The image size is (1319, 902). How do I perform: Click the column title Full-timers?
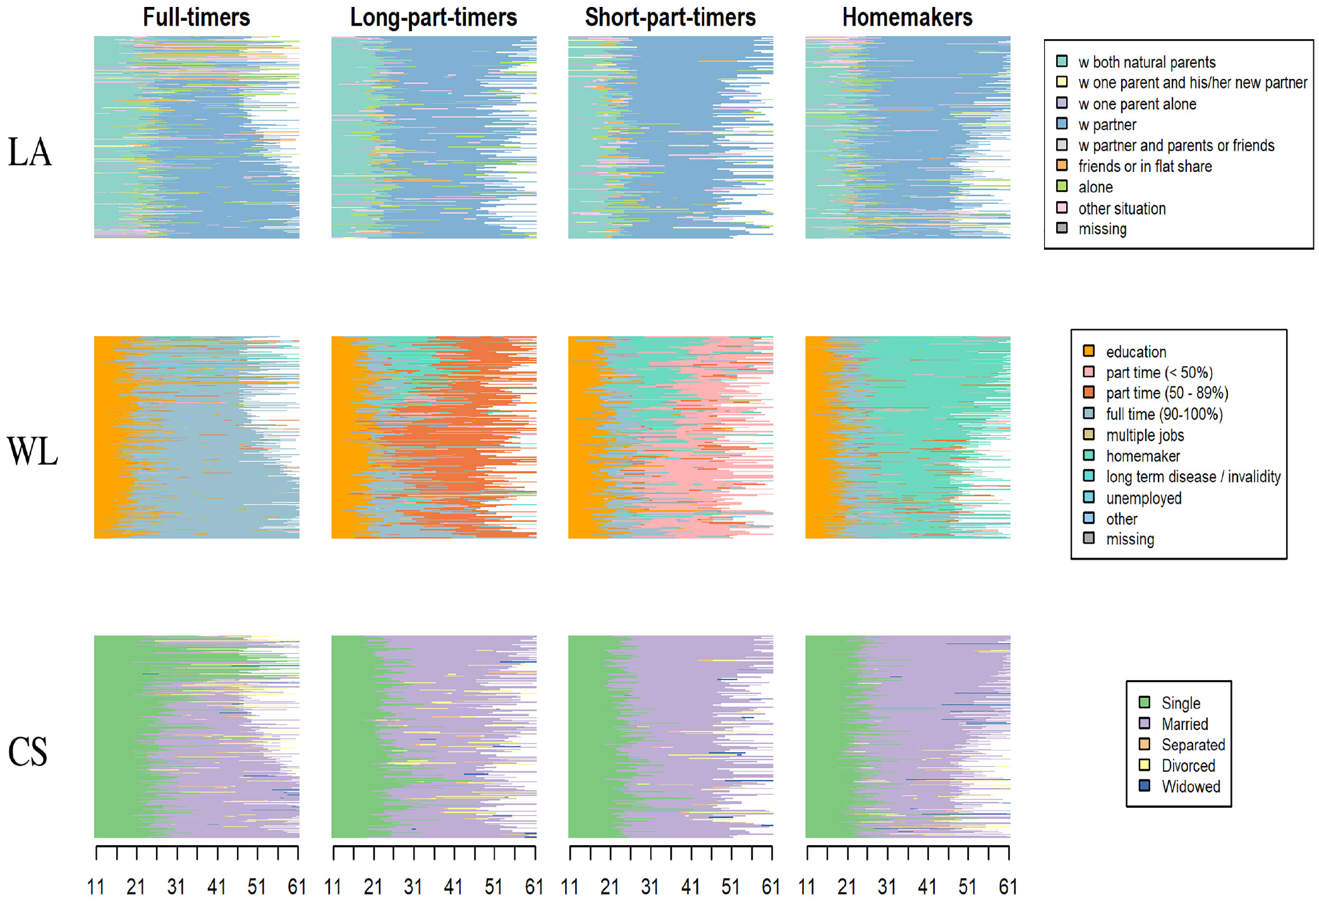tap(196, 17)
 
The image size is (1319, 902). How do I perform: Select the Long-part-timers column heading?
tap(434, 17)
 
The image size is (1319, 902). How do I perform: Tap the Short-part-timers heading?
tap(670, 17)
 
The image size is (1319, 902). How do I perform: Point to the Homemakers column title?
tap(907, 17)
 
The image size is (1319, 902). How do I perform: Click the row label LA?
tap(29, 152)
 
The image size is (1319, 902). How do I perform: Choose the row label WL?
tap(32, 452)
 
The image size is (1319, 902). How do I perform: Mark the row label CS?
tap(28, 752)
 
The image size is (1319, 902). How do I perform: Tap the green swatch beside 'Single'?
tap(1144, 702)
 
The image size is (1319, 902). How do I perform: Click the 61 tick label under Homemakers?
tap(1007, 887)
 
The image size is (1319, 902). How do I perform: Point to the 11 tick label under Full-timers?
tap(95, 887)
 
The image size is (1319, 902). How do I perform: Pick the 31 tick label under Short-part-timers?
tap(650, 887)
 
